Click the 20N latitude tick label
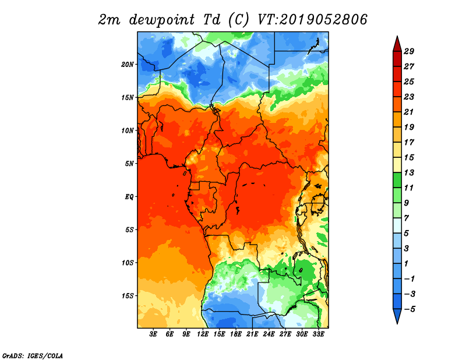point(128,65)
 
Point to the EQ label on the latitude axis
point(129,197)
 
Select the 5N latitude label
point(129,164)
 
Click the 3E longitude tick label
point(153,334)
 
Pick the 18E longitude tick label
point(236,334)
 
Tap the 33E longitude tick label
point(318,334)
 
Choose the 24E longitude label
point(269,334)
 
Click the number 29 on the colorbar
point(409,51)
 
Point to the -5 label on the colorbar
point(409,309)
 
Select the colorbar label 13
point(409,172)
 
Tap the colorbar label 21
point(409,112)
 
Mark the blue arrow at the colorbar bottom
point(397,315)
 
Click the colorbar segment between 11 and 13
point(397,180)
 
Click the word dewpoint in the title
point(162,20)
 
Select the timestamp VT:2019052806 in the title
point(312,20)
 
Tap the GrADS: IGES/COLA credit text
point(33,356)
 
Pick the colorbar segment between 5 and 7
point(397,225)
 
